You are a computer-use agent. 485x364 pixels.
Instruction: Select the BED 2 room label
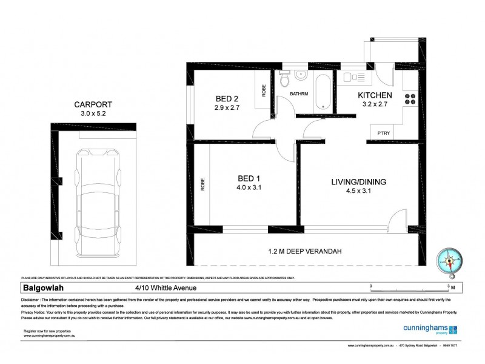[228, 99]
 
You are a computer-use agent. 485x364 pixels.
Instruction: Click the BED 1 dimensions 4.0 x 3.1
[249, 187]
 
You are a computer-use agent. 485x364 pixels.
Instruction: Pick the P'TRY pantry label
[383, 133]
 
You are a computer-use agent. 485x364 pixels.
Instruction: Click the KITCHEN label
[375, 95]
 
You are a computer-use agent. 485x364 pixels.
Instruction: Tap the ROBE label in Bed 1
[202, 184]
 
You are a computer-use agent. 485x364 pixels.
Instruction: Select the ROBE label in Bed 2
[264, 90]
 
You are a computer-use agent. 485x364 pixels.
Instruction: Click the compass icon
[450, 261]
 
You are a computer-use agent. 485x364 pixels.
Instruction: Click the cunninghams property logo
[430, 330]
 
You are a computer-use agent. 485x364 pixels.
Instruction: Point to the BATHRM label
[299, 94]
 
